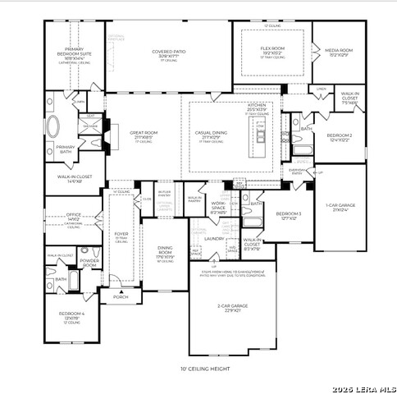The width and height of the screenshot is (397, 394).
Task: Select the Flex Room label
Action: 272,50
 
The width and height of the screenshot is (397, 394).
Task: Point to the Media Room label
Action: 338,50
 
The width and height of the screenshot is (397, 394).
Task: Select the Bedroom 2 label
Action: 339,136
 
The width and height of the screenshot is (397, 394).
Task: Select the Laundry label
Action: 214,239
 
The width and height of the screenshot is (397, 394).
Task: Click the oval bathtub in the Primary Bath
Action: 53,127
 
